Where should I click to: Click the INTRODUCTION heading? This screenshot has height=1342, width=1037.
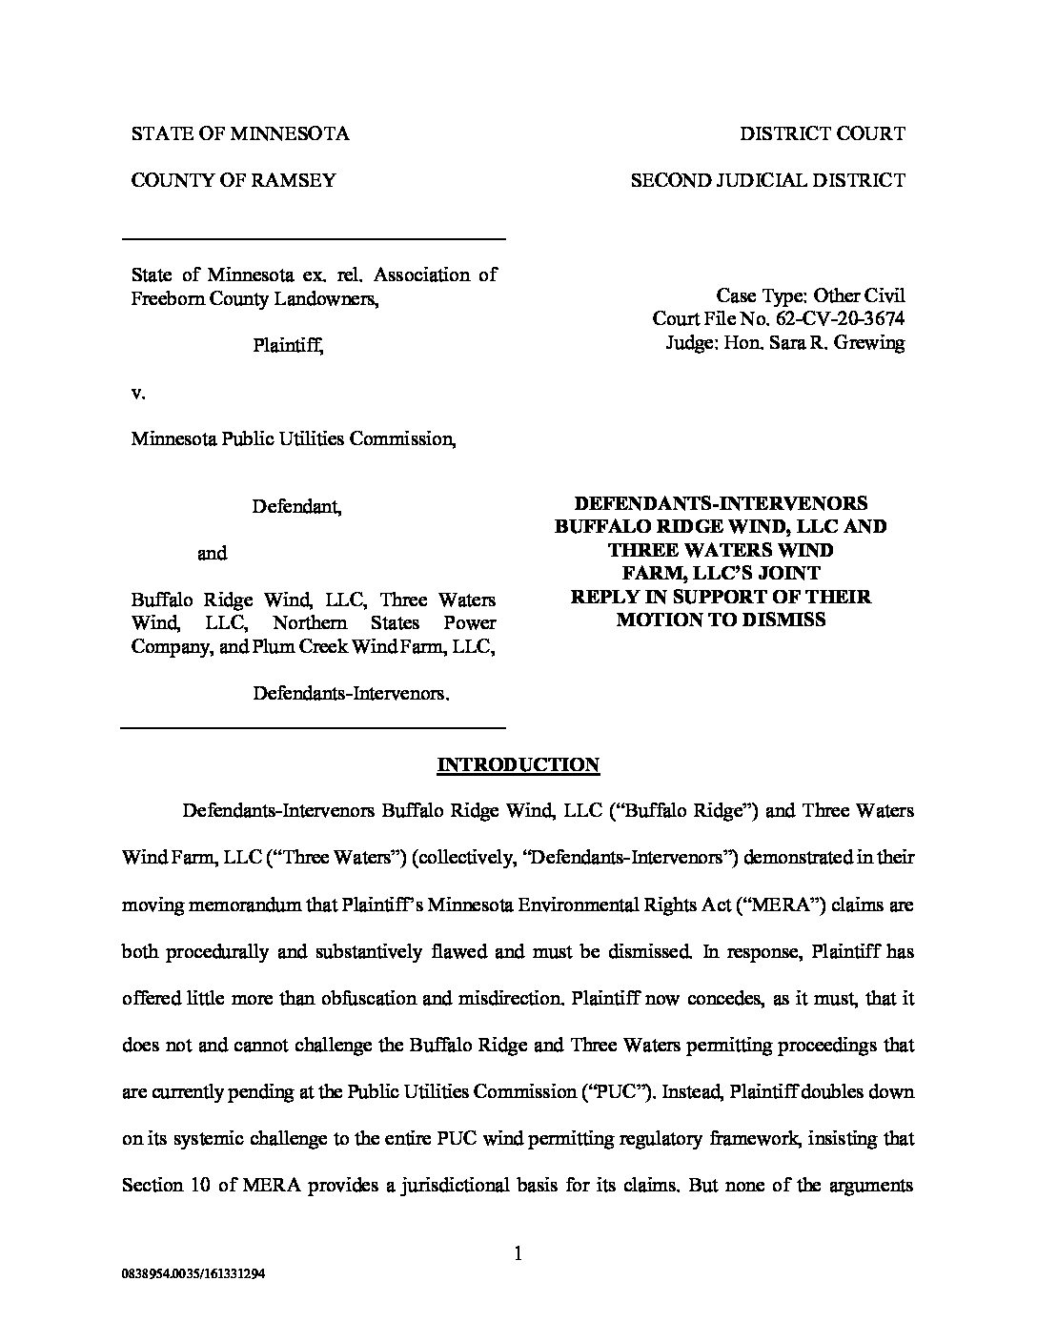[518, 764]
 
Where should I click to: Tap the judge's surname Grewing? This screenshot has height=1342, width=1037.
[869, 342]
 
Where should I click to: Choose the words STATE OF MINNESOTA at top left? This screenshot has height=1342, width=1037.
[240, 133]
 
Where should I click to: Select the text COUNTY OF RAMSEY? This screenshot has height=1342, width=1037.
[234, 180]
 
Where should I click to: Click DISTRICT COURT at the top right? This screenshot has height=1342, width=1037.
[823, 133]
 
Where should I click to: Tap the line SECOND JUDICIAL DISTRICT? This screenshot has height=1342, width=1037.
[768, 180]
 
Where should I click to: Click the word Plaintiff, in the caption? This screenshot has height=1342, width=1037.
[288, 346]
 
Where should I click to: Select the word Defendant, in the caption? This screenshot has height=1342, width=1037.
[296, 507]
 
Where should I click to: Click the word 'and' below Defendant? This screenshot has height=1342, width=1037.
[212, 554]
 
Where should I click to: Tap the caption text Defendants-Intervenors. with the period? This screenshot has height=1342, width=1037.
[351, 693]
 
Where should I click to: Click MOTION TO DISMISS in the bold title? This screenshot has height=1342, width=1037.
[721, 620]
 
